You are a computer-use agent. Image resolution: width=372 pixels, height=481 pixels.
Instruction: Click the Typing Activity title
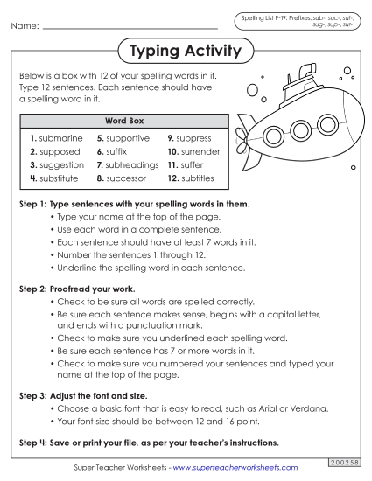point(185,52)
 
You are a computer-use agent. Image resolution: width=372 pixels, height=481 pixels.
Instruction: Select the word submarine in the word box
point(60,138)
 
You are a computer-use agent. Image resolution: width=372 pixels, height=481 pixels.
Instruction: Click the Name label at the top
point(24,27)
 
